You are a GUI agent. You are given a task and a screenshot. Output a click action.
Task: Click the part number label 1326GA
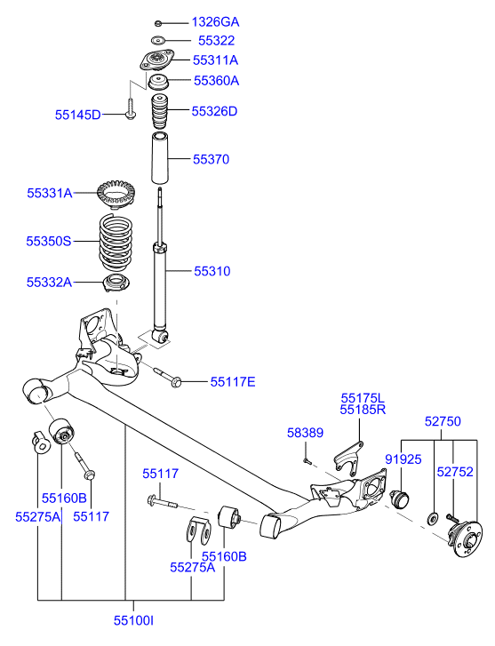[215, 21]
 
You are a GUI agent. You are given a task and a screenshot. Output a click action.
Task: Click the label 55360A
[216, 81]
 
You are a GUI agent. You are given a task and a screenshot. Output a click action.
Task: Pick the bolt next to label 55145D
[131, 112]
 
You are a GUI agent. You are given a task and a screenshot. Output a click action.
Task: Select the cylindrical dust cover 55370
[159, 159]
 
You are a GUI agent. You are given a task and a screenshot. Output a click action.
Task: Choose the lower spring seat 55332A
[115, 284]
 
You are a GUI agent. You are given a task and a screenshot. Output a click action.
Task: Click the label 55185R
[363, 411]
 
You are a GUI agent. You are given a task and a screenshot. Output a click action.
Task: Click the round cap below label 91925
[400, 497]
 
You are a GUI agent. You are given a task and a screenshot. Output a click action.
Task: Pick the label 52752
[454, 473]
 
